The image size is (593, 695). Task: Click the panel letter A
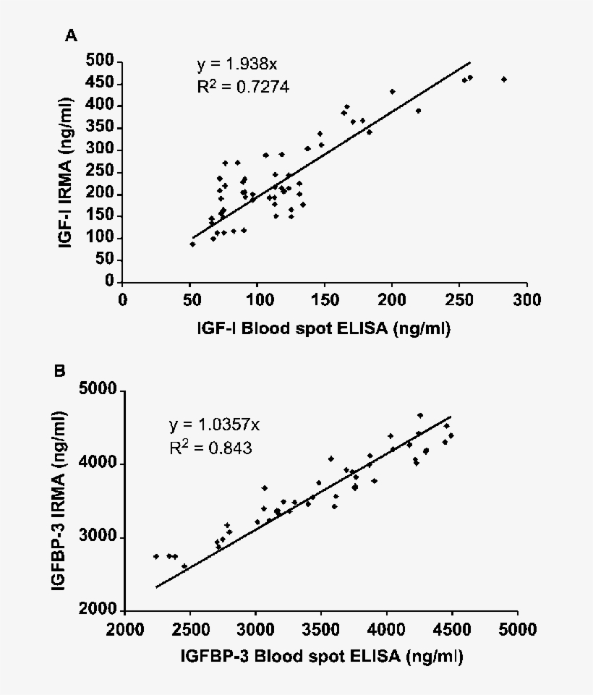point(71,35)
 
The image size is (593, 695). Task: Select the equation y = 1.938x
point(236,66)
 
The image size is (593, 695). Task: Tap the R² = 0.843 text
point(210,448)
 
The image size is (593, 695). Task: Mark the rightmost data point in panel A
point(504,79)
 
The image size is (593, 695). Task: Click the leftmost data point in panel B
point(156,556)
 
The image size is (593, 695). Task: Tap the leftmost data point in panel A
point(192,244)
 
